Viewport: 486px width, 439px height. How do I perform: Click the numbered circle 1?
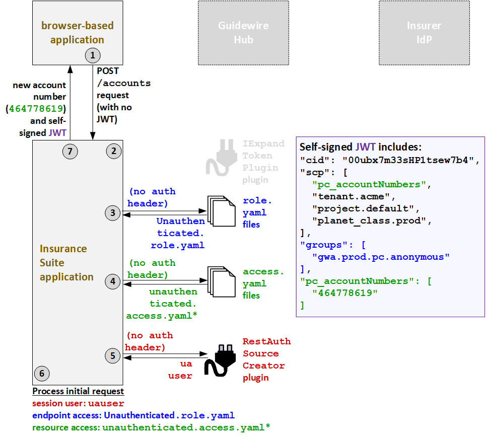(93, 55)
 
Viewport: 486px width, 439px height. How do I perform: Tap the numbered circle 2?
(113, 150)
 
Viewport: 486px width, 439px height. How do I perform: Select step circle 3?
(113, 213)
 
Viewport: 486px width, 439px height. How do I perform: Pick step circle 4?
(113, 282)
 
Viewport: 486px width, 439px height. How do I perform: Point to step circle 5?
(113, 356)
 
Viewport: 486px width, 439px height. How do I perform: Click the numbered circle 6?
(42, 373)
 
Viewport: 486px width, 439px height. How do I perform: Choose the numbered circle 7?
(71, 150)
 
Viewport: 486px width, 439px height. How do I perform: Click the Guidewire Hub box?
(243, 33)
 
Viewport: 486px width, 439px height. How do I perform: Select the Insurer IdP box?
(424, 33)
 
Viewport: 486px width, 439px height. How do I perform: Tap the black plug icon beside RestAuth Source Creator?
(220, 359)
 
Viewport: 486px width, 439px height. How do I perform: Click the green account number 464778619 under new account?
(37, 109)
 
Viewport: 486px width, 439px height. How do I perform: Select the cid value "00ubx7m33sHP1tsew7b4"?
(408, 160)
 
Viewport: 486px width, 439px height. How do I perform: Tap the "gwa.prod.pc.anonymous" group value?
(381, 257)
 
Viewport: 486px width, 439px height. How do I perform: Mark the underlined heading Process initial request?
(78, 391)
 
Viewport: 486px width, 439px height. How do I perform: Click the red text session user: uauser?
(78, 403)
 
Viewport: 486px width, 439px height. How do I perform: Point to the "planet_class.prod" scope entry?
(372, 221)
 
